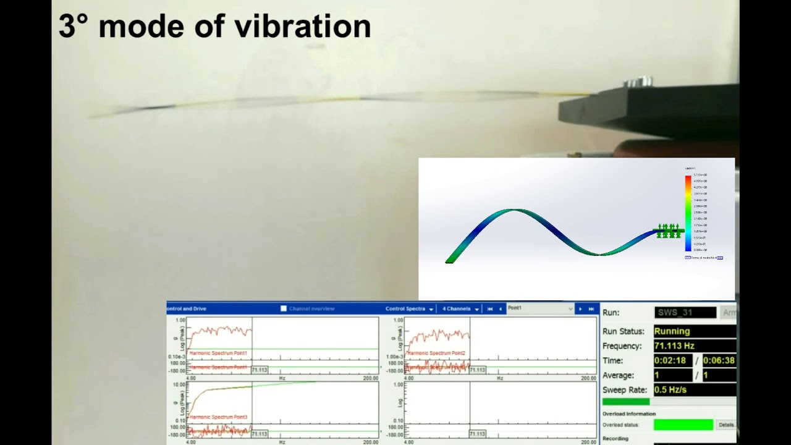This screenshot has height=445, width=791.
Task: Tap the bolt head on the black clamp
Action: click(x=637, y=81)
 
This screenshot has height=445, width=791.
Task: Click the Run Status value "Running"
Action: click(x=672, y=331)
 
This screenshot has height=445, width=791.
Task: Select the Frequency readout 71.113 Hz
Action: click(x=674, y=346)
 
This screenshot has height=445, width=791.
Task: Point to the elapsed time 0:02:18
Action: click(x=672, y=360)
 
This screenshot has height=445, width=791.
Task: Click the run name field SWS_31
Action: click(x=685, y=313)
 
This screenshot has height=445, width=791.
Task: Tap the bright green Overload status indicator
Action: click(x=683, y=425)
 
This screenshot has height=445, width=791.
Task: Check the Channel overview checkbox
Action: click(x=284, y=308)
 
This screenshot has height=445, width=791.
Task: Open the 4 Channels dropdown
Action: click(x=460, y=308)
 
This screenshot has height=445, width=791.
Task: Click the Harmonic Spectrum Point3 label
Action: click(x=219, y=417)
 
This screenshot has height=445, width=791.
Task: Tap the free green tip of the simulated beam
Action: click(x=449, y=260)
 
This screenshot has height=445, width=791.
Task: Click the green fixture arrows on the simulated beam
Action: click(x=667, y=231)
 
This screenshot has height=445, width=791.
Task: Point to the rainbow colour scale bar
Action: click(x=688, y=213)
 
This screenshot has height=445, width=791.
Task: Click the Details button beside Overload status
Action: click(x=726, y=425)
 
